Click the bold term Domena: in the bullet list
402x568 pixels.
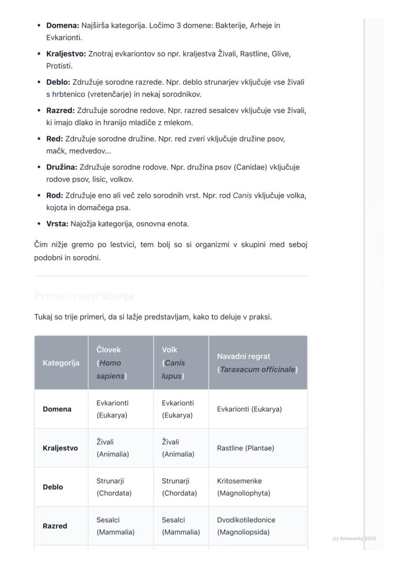[x=63, y=25]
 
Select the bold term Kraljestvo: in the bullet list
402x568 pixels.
[x=66, y=54]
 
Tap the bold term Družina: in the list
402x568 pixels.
[x=62, y=167]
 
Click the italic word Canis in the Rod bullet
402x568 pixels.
[x=242, y=196]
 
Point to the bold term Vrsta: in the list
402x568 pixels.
[x=57, y=224]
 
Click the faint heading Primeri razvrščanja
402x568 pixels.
[x=84, y=296]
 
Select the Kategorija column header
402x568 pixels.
[x=61, y=363]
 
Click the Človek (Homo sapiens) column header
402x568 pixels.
[x=112, y=363]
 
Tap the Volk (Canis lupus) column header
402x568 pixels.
[x=173, y=363]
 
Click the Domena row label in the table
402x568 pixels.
[x=57, y=409]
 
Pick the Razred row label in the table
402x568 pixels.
[x=55, y=526]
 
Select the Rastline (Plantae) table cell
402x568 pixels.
[x=245, y=448]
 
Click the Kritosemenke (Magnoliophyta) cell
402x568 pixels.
[x=243, y=487]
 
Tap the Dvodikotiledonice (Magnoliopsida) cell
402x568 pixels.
[x=246, y=526]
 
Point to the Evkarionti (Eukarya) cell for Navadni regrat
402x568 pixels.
[x=249, y=409]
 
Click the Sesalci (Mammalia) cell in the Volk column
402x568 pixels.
[x=181, y=526]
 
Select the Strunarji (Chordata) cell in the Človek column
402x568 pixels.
[x=114, y=487]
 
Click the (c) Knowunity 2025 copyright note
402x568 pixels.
[x=354, y=538]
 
